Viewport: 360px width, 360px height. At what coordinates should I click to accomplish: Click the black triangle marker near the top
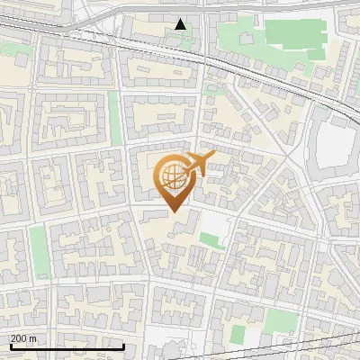[181, 24]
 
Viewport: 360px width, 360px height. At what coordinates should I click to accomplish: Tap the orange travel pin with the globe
[175, 181]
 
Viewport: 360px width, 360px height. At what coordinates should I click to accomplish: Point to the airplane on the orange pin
[199, 164]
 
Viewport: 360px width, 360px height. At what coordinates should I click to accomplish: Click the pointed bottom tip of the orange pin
[175, 211]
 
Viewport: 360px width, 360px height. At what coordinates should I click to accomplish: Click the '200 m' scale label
[24, 337]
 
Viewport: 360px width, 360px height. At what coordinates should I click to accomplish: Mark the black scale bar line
[67, 346]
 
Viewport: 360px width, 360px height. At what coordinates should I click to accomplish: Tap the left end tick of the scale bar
[11, 344]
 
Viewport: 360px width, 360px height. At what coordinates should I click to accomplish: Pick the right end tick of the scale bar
[123, 344]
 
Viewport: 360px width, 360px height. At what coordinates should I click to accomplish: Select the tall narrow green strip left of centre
[115, 117]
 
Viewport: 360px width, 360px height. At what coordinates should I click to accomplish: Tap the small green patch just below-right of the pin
[211, 240]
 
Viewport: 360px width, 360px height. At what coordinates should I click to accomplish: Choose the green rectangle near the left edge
[38, 250]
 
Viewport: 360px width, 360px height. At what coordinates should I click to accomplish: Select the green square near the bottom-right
[276, 317]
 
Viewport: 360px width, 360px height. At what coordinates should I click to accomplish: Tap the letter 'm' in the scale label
[33, 337]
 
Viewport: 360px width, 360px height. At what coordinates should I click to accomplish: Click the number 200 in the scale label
[19, 337]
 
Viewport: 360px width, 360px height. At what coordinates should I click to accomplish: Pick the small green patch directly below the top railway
[214, 89]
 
